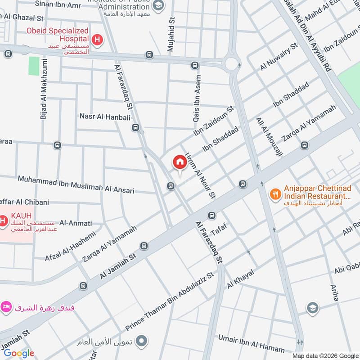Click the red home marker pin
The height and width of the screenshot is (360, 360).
pos(180,163)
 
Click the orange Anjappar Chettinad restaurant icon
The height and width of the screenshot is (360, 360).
pos(275,194)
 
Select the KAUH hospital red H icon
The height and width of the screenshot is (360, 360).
pos(3,221)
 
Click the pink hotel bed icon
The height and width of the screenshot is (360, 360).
pos(6,307)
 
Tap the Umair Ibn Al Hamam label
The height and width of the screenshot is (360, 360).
pos(252,344)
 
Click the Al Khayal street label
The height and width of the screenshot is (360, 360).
pos(241,279)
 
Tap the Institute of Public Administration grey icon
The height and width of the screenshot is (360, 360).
pos(158,5)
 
